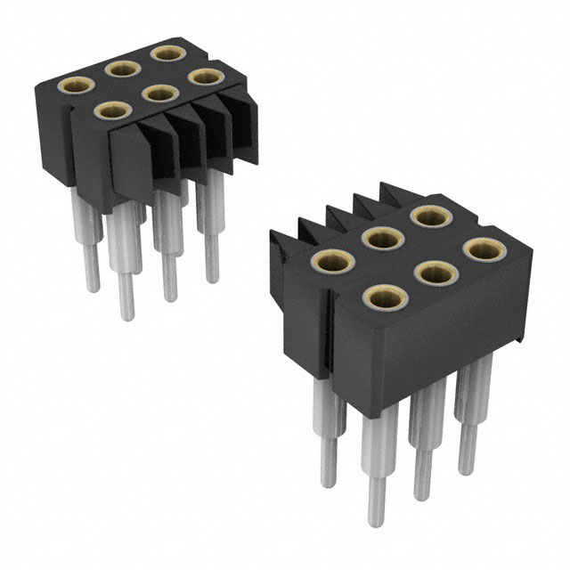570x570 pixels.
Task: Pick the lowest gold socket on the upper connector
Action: point(111,111)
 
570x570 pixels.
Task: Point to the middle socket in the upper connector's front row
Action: point(159,93)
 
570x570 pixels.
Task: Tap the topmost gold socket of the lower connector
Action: point(427,216)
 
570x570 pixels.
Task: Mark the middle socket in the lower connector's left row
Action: point(379,238)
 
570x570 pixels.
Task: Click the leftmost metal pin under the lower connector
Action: point(323,445)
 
